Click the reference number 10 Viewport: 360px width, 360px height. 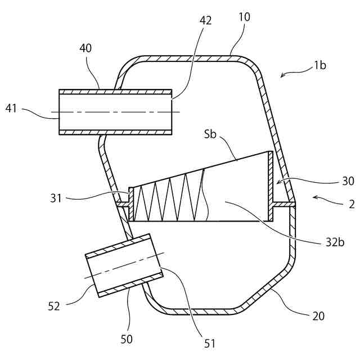(244, 16)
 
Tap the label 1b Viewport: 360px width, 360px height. (319, 65)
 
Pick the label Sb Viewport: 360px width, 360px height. (210, 136)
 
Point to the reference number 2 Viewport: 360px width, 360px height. (352, 204)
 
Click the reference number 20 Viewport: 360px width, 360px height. (318, 316)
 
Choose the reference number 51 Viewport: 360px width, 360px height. (210, 343)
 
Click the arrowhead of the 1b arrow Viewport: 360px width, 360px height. (282, 75)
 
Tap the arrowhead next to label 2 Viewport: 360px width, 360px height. (314, 198)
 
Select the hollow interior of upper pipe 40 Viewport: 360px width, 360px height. (115, 113)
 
